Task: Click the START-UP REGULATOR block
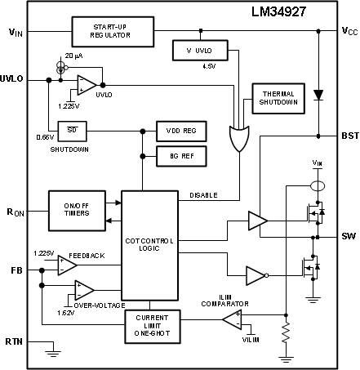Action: (x=112, y=32)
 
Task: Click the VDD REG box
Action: (x=181, y=132)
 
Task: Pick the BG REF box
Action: (x=181, y=154)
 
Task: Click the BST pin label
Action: (x=349, y=134)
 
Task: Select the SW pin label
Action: (x=349, y=235)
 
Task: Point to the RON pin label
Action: (x=15, y=212)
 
